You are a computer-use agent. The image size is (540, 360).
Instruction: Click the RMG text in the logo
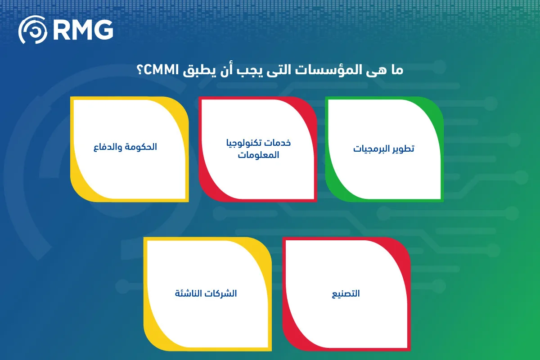[x=83, y=30]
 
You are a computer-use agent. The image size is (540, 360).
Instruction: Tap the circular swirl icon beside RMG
[x=33, y=30]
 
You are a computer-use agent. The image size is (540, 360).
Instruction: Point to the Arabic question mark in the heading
[x=140, y=70]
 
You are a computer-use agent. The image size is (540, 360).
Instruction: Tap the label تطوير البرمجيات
[x=383, y=149]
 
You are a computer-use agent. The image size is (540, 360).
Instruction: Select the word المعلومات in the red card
[x=258, y=154]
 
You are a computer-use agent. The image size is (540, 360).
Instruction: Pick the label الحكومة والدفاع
[x=125, y=147]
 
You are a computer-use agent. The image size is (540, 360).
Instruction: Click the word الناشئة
[x=190, y=293]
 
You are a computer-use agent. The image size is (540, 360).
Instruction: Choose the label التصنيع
[x=346, y=294]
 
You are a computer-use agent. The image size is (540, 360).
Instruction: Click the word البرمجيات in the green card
[x=369, y=149]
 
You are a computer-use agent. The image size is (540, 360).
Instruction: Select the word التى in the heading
[x=279, y=70]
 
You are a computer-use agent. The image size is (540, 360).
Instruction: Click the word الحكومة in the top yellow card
[x=141, y=147]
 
